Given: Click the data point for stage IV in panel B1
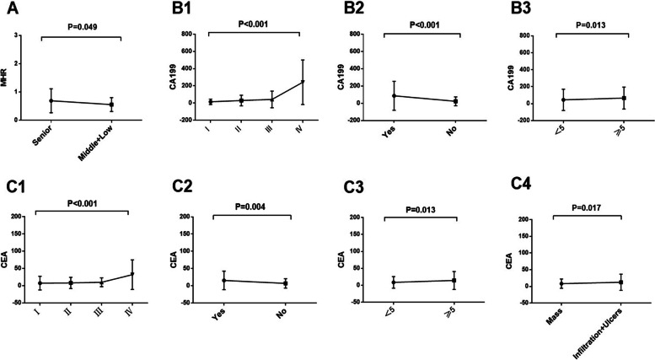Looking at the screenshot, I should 303,82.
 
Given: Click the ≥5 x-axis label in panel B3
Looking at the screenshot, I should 625,135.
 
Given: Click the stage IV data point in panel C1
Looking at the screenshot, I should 132,274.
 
